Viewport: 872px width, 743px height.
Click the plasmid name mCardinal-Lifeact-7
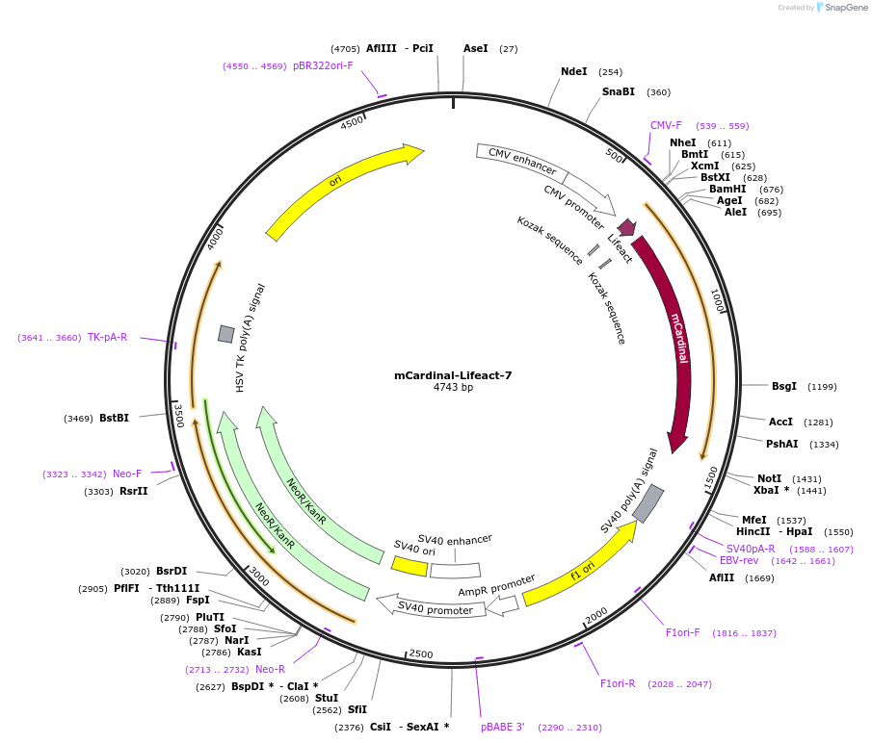point(453,375)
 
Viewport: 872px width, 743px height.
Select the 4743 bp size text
point(453,388)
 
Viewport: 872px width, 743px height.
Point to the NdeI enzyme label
point(573,71)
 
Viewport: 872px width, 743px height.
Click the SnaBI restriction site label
point(618,92)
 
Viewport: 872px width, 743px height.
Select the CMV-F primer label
point(666,126)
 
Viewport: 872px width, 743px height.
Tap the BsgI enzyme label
point(784,386)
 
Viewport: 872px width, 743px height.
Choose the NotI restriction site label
point(769,478)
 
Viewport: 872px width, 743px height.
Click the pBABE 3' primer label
point(502,727)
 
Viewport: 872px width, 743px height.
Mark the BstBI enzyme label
point(114,418)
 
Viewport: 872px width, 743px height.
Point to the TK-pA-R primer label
point(107,337)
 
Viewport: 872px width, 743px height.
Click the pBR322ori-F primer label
point(323,65)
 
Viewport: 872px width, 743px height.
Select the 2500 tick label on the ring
point(421,654)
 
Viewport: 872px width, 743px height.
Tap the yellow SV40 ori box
point(410,566)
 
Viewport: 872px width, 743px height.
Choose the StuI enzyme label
point(327,698)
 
